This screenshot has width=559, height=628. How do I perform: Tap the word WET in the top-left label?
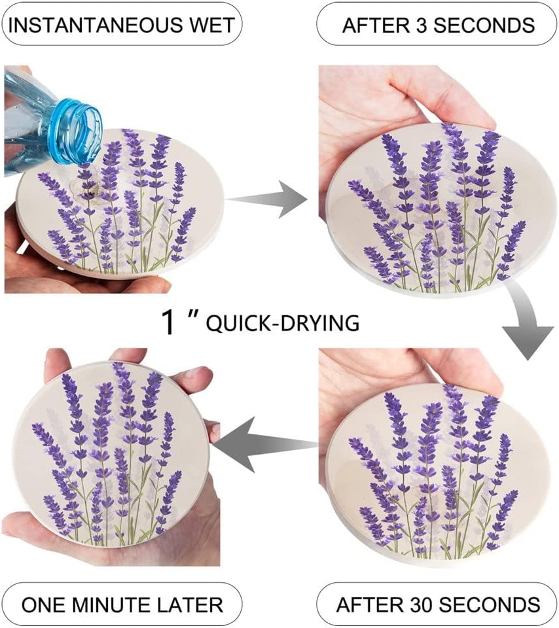(210, 26)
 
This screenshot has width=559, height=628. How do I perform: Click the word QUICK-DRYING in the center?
(282, 323)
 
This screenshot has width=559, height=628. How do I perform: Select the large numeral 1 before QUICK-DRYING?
(168, 322)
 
